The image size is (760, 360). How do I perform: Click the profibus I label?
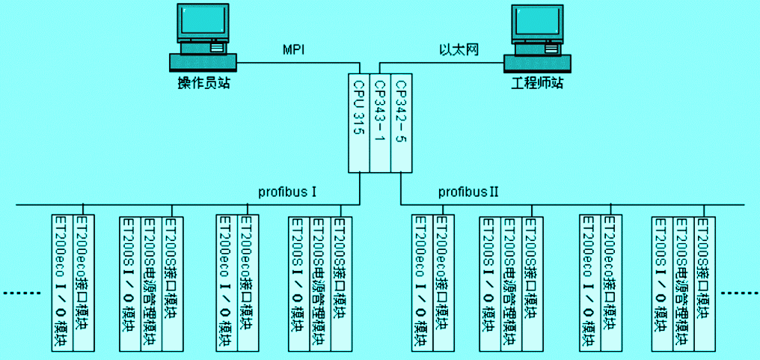click(x=288, y=192)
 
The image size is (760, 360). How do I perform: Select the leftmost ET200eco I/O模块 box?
click(x=62, y=283)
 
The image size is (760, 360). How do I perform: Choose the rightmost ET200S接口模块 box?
click(x=703, y=283)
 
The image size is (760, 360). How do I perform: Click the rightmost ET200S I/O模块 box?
click(x=661, y=283)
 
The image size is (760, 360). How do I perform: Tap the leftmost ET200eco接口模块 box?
click(x=83, y=283)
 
